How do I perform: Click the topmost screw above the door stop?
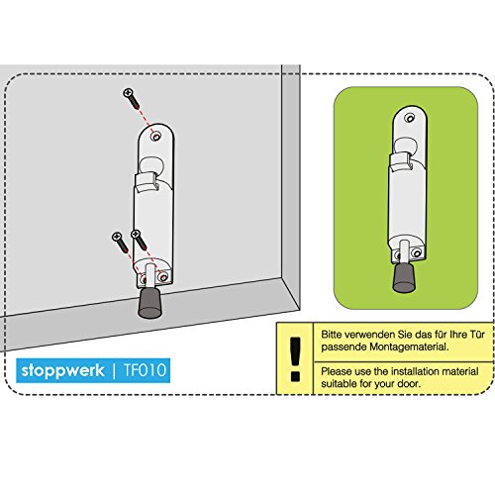click(x=131, y=96)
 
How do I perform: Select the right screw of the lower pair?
click(x=137, y=240)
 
